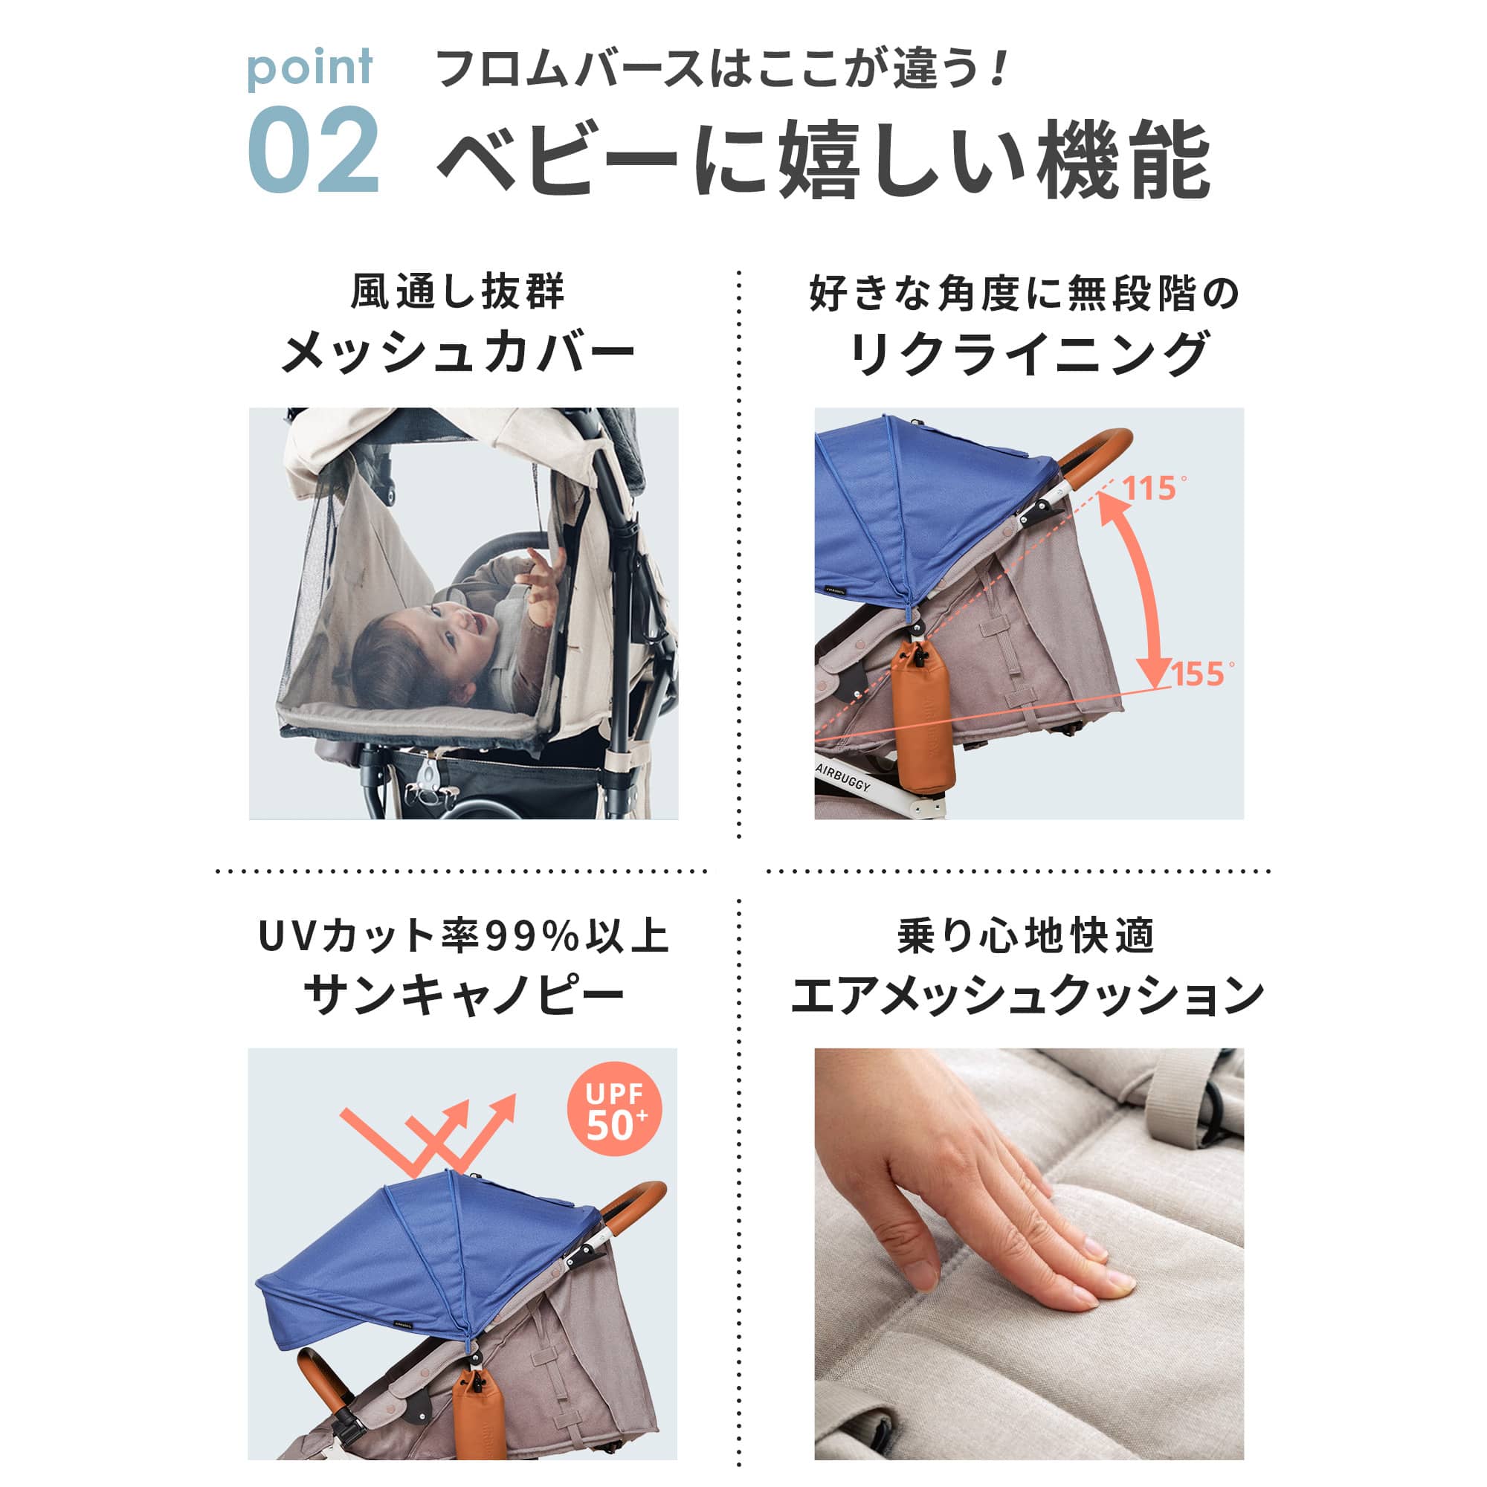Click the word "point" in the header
[309, 68]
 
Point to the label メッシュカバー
[459, 354]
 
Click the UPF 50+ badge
[613, 1109]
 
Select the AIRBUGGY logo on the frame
[845, 779]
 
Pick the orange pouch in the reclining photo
[923, 723]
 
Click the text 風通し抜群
[459, 291]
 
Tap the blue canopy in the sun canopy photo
[431, 1254]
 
